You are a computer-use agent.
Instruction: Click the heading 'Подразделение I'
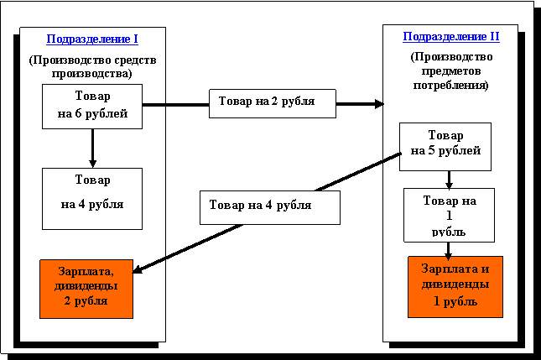click(x=92, y=39)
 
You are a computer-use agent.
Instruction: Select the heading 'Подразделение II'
click(x=450, y=37)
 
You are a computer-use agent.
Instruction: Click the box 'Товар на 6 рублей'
click(x=92, y=106)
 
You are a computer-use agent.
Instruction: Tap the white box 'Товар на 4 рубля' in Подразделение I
click(x=92, y=198)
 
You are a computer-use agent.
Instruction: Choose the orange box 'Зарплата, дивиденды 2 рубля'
click(x=86, y=289)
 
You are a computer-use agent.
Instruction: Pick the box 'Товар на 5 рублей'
click(x=445, y=146)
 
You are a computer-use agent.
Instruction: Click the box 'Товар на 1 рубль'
click(x=449, y=215)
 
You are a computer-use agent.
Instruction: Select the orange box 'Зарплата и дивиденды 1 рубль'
click(x=455, y=286)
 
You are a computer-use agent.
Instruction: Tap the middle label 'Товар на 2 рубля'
click(x=272, y=103)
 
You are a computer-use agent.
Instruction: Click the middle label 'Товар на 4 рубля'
click(x=269, y=206)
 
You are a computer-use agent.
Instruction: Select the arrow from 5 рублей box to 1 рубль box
click(x=449, y=179)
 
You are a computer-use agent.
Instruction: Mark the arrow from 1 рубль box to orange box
click(x=450, y=248)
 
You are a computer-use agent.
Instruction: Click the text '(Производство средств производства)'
click(x=92, y=66)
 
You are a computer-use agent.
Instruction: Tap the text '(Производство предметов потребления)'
click(x=450, y=71)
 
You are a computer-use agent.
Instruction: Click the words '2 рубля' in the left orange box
click(x=86, y=301)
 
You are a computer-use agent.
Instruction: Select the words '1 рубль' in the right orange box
click(x=455, y=301)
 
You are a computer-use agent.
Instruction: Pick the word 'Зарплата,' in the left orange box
click(x=86, y=272)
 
